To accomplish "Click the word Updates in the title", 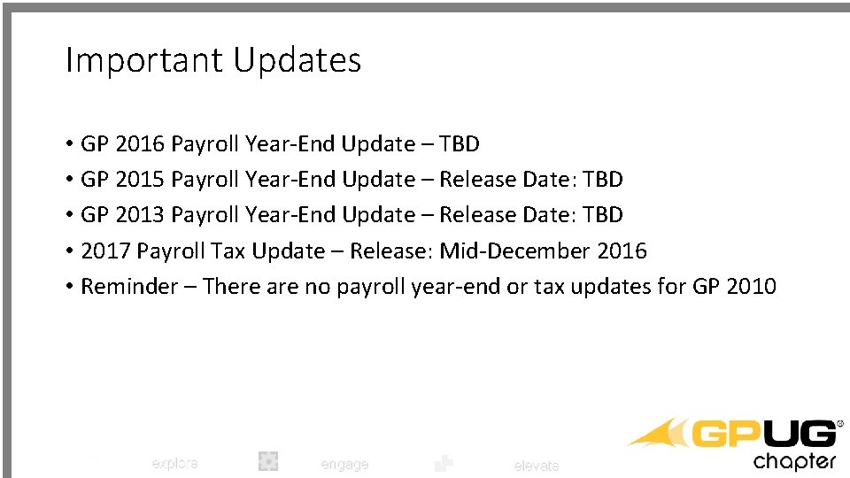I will (297, 60).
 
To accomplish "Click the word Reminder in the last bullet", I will (129, 287).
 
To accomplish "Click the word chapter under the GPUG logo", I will (794, 461).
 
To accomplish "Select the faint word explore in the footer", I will (174, 463).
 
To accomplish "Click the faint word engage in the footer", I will (344, 464).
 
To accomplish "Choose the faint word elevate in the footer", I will (537, 466).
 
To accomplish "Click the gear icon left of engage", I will (268, 460).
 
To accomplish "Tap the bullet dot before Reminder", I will (68, 288).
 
